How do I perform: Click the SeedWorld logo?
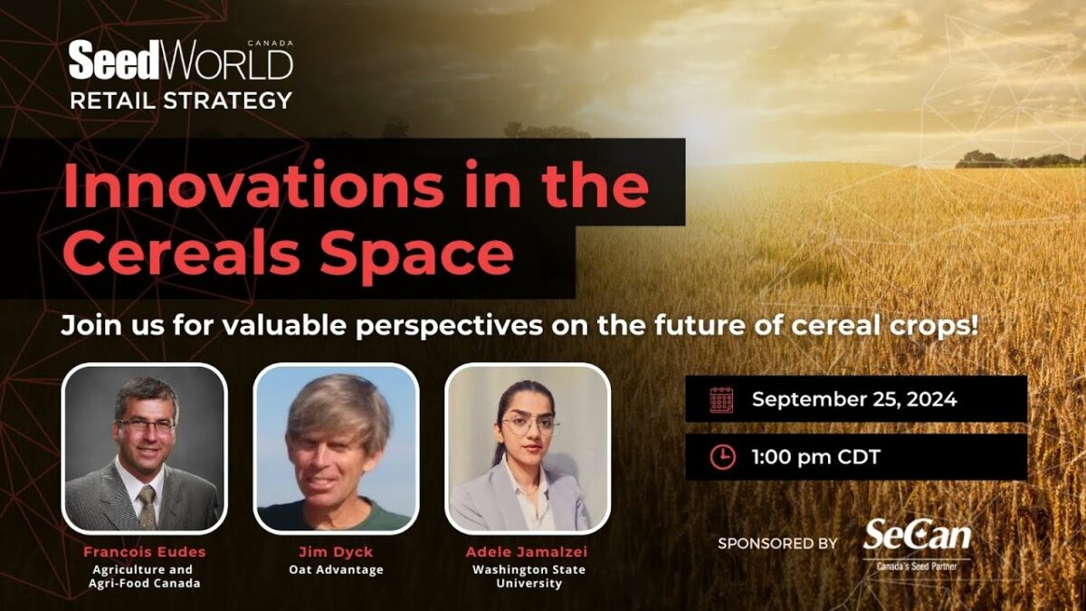(x=181, y=62)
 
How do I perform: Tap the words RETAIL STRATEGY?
(x=181, y=100)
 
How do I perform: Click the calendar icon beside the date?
(x=721, y=399)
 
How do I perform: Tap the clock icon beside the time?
(x=721, y=457)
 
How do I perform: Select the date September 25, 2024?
(x=853, y=399)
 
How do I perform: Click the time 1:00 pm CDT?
(x=815, y=457)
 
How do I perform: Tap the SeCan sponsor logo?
(x=917, y=541)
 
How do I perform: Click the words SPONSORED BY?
(x=777, y=543)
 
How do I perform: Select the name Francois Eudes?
(x=145, y=551)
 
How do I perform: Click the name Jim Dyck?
(x=336, y=551)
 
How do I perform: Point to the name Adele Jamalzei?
(x=529, y=551)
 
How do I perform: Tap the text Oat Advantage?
(x=336, y=569)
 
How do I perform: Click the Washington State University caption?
(x=529, y=577)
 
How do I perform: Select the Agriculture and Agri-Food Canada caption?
(x=145, y=577)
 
